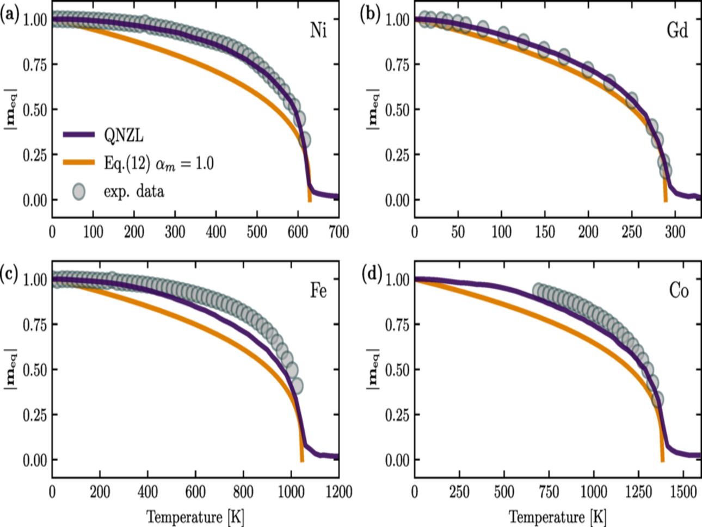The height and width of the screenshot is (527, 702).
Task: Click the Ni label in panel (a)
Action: [318, 30]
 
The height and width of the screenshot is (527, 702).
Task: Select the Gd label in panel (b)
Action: [678, 30]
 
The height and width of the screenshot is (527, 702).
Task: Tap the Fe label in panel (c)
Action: [318, 291]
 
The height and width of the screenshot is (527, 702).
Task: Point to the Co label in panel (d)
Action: [679, 291]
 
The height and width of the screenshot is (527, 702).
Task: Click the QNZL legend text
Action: [124, 135]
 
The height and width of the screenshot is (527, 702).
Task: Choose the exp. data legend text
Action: [134, 191]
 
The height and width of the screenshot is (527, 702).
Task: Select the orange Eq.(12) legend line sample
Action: [79, 163]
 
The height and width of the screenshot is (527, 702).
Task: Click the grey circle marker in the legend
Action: [79, 191]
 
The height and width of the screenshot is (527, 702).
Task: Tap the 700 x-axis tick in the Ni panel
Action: [338, 232]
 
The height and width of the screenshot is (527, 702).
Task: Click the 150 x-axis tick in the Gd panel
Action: [545, 232]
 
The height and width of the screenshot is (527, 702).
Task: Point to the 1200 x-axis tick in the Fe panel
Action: [338, 492]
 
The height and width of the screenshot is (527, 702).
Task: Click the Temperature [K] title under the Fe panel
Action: [195, 516]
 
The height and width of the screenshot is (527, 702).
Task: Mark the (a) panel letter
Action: [9, 15]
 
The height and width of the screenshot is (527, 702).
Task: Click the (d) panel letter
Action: [372, 275]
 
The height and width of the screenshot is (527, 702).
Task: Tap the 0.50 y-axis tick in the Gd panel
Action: [397, 110]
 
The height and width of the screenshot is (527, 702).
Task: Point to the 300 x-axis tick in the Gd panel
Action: [675, 232]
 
